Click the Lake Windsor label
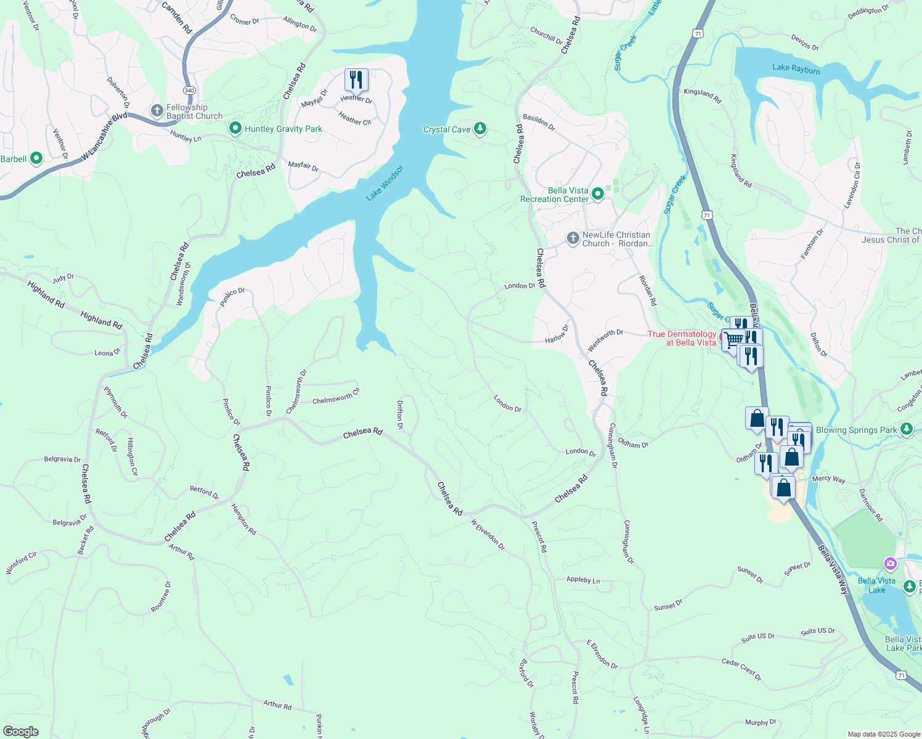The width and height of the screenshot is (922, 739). (385, 183)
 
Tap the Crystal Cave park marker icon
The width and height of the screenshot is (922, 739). (480, 129)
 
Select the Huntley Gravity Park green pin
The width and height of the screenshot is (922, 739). (235, 128)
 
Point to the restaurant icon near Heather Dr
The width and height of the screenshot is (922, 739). (356, 81)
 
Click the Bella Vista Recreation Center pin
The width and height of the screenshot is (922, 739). (597, 195)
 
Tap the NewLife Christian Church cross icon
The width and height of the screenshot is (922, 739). (573, 238)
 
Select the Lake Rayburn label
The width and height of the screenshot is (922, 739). (796, 69)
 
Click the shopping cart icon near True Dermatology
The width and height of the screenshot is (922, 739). (733, 340)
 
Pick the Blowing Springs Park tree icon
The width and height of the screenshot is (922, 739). (906, 429)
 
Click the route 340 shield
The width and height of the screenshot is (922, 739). (189, 91)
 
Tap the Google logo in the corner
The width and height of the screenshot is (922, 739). (20, 732)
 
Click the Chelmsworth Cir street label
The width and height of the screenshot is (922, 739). (336, 397)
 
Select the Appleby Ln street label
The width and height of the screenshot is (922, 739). (583, 580)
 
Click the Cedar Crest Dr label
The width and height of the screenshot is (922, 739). (741, 669)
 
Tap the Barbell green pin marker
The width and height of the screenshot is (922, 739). (36, 158)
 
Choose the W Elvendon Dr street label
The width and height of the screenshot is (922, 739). (488, 535)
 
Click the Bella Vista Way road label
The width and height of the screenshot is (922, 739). (833, 570)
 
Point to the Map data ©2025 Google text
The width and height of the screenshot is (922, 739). (884, 734)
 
